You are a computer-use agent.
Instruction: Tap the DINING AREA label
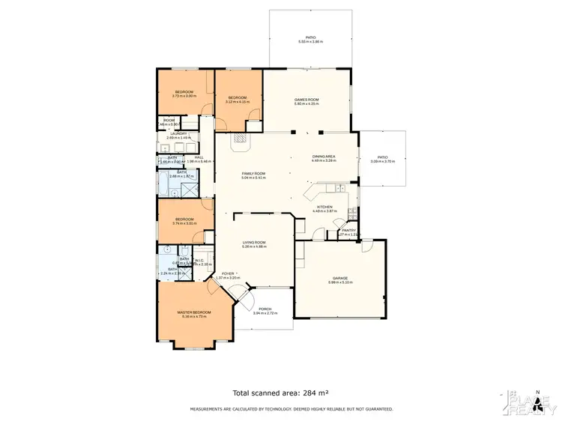click(x=324, y=156)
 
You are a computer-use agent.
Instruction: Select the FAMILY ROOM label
click(x=253, y=173)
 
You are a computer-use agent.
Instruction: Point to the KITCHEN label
click(x=324, y=207)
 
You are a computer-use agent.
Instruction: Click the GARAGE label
click(x=340, y=278)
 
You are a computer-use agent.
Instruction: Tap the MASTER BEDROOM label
click(x=194, y=312)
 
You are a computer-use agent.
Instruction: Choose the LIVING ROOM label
click(x=254, y=242)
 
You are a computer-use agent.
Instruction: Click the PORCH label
click(x=265, y=309)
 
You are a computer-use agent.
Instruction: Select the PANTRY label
click(x=348, y=230)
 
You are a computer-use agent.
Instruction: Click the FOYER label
click(x=227, y=273)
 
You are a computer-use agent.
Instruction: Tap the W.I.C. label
click(x=199, y=260)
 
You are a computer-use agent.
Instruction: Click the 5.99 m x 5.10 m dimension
click(x=340, y=282)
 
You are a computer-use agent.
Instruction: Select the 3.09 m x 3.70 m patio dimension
click(x=383, y=161)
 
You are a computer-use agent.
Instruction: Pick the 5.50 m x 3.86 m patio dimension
click(x=310, y=41)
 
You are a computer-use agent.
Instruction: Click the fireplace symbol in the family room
click(x=240, y=138)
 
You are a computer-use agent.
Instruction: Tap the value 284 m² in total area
click(x=314, y=393)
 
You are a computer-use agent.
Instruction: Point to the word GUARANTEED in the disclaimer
click(x=375, y=409)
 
